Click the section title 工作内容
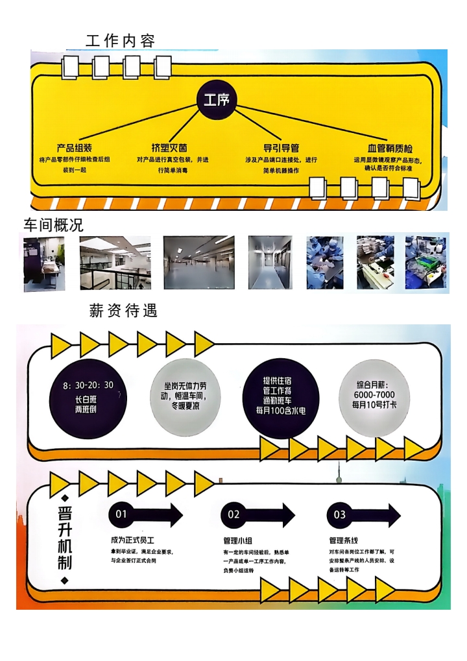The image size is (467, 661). click(x=120, y=42)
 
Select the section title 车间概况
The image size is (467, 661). click(x=53, y=224)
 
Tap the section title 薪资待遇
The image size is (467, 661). click(x=123, y=311)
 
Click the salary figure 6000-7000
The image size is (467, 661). click(x=374, y=395)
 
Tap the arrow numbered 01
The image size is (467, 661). click(x=146, y=515)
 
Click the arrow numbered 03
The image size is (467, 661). click(x=362, y=515)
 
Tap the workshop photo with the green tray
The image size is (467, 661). click(x=425, y=262)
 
